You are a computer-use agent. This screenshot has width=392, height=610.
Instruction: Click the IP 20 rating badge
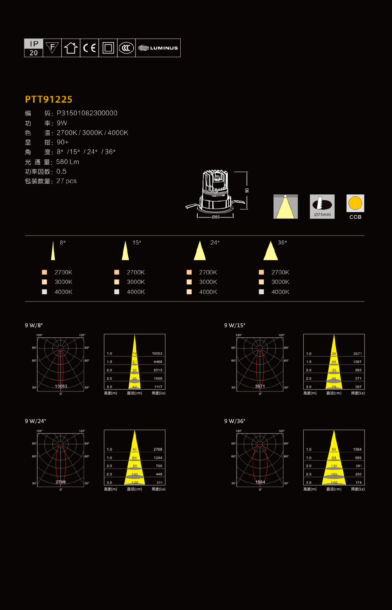click(x=33, y=48)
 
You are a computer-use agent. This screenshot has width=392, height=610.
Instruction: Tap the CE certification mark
click(x=89, y=48)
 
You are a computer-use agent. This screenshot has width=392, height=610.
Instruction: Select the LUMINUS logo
click(x=158, y=48)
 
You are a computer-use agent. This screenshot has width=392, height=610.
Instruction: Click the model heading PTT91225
click(x=48, y=99)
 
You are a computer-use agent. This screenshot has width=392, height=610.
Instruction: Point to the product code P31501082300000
click(x=87, y=113)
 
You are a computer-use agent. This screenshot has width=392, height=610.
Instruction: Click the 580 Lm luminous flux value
click(x=67, y=162)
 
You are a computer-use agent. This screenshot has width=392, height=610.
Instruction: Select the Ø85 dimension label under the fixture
click(x=215, y=217)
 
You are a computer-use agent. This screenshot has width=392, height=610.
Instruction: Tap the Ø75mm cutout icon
click(x=322, y=206)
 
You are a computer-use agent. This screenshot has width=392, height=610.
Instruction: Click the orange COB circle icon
click(x=355, y=203)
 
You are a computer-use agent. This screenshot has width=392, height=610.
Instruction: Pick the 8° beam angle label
click(x=63, y=243)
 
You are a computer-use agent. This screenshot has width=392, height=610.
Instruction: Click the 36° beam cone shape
click(x=270, y=251)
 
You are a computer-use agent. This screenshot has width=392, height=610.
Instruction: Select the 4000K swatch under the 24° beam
click(x=189, y=292)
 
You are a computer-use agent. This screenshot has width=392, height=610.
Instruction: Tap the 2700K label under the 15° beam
click(x=136, y=272)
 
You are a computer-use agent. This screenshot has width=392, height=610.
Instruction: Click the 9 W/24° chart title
click(x=36, y=421)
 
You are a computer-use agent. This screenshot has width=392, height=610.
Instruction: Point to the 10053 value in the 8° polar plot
click(x=61, y=386)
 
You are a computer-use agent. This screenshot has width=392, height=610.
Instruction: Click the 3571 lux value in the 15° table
click(x=357, y=353)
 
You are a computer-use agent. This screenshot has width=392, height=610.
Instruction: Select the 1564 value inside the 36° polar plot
click(x=260, y=482)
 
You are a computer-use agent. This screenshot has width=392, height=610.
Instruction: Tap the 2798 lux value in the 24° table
click(x=158, y=449)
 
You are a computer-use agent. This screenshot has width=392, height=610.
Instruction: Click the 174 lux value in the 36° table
click(x=359, y=483)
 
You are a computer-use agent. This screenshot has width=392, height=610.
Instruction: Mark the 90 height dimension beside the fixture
click(x=247, y=190)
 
